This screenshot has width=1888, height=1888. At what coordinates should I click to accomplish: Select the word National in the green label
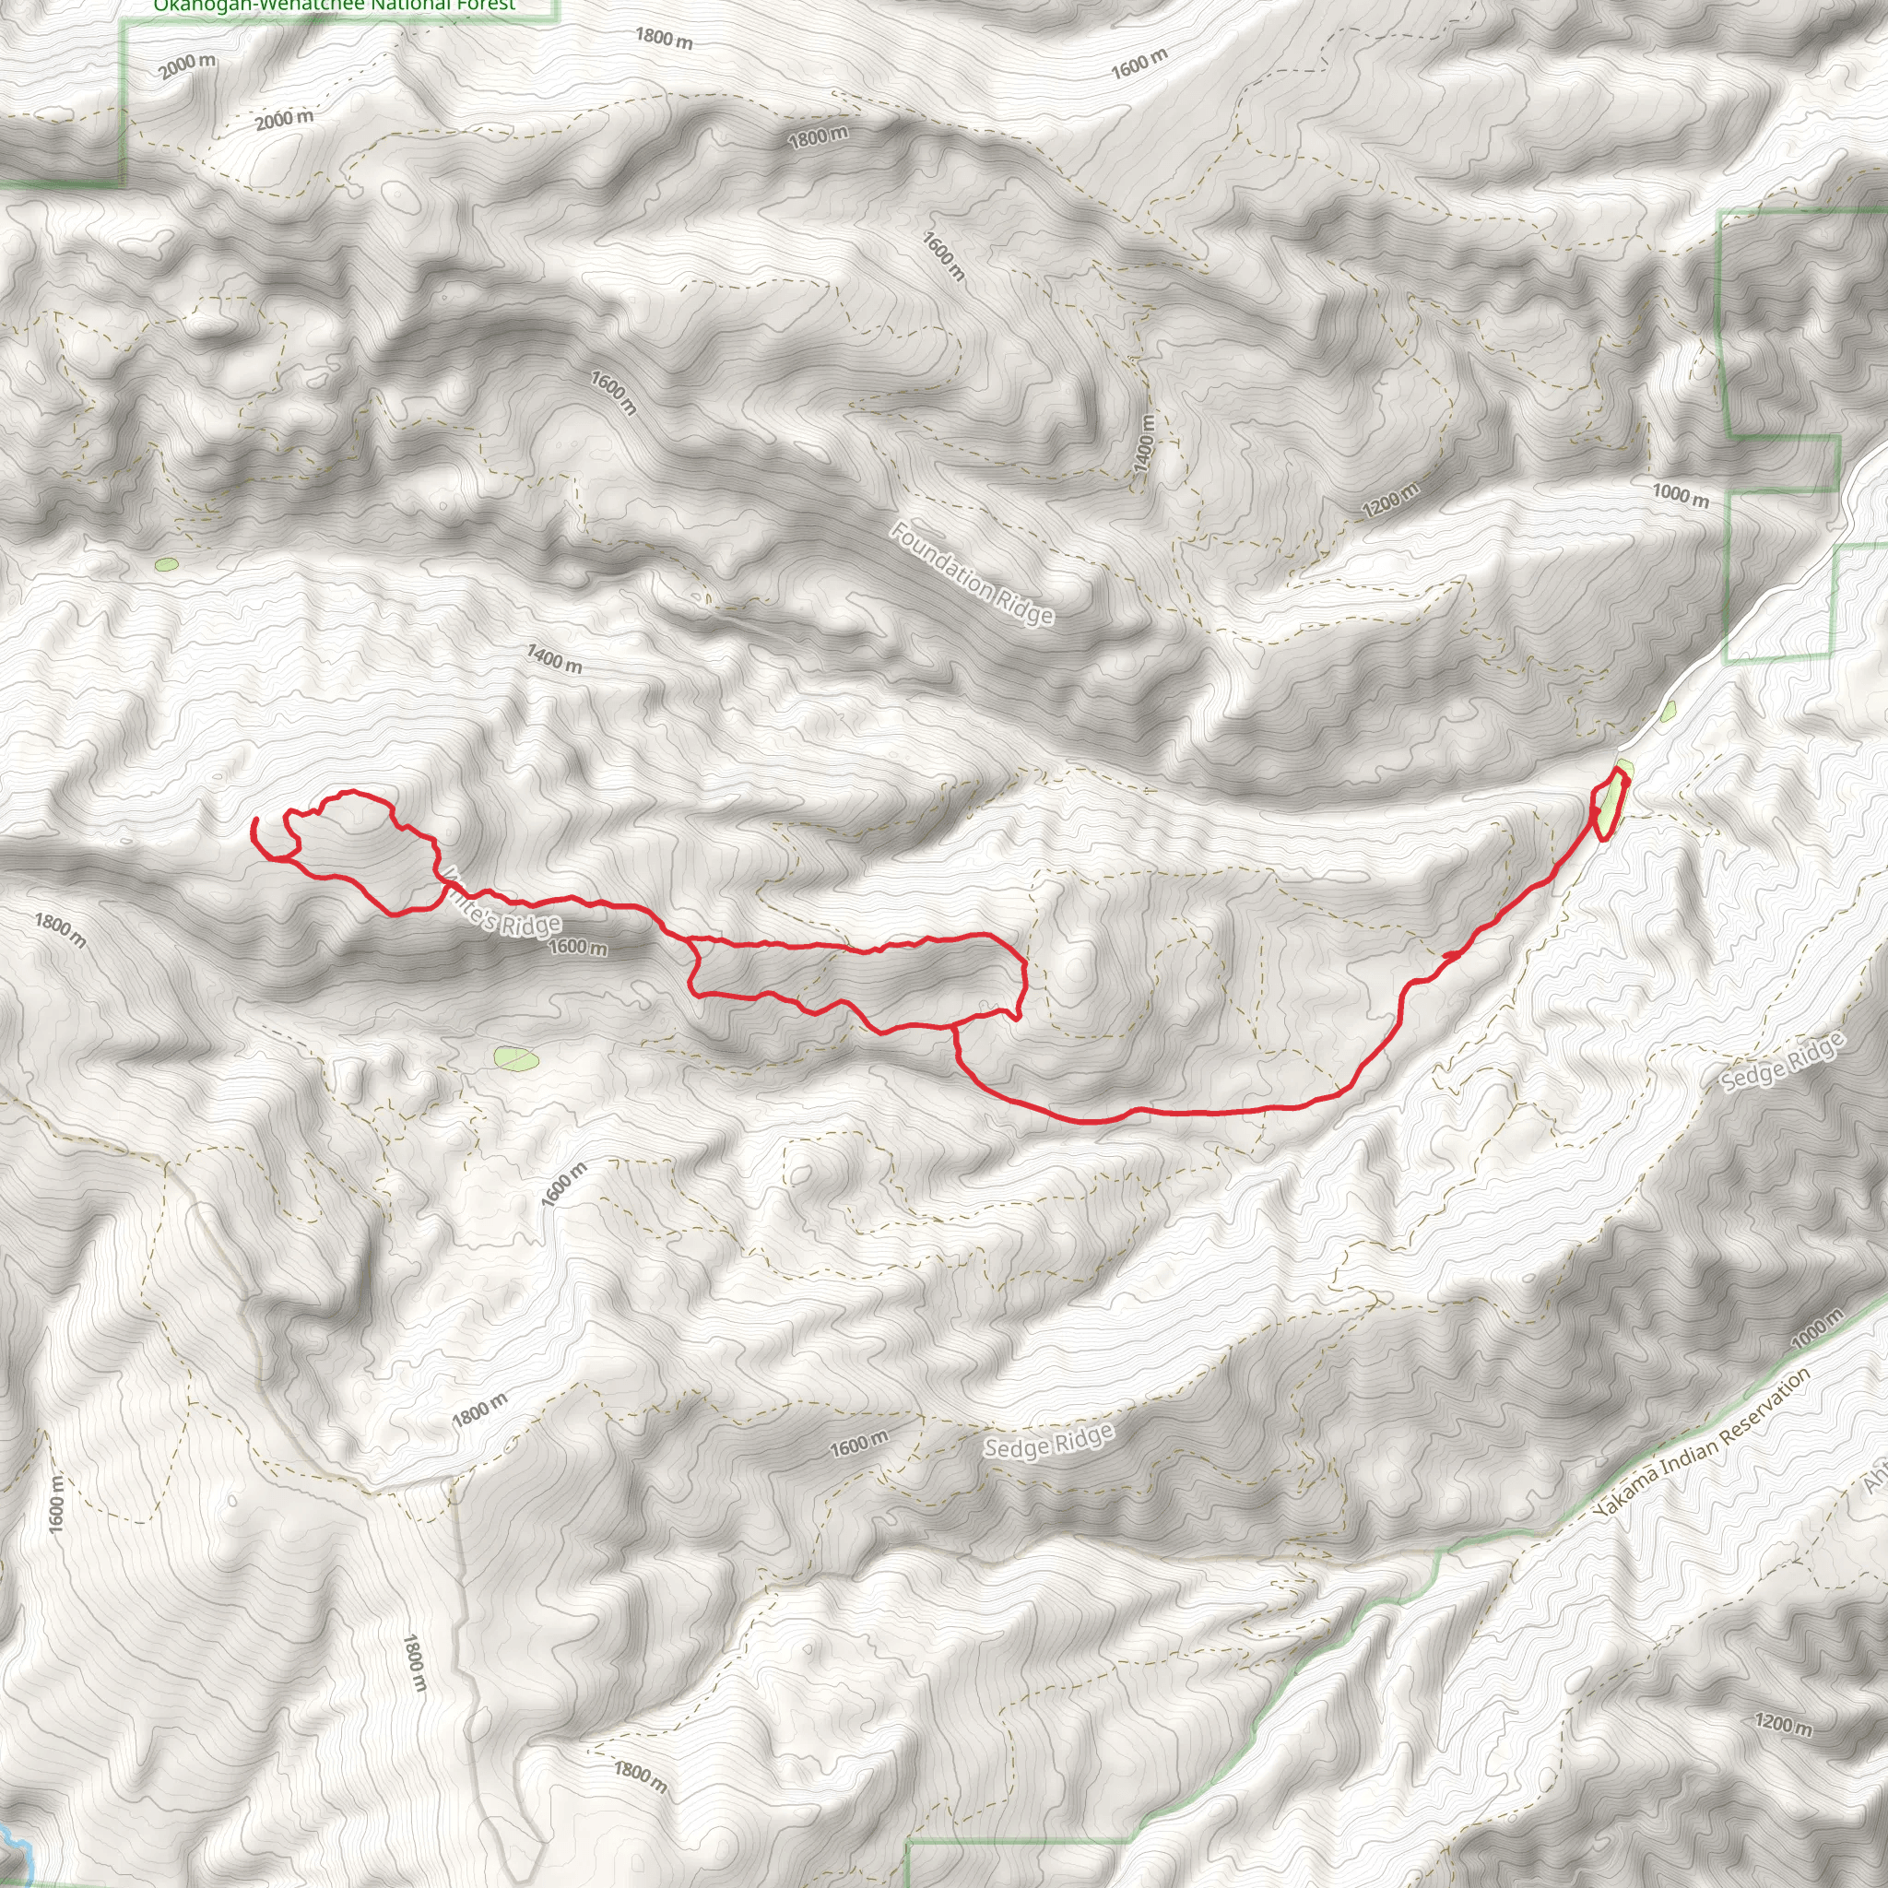(401, 5)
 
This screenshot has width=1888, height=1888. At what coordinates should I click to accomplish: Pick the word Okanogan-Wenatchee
(259, 6)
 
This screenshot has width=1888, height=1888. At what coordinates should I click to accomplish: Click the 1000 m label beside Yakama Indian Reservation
(1818, 1327)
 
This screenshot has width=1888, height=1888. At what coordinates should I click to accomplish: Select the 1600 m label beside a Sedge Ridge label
(859, 1443)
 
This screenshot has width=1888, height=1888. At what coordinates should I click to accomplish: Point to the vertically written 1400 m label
(1145, 444)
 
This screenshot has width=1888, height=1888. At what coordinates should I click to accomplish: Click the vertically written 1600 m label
(56, 1504)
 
